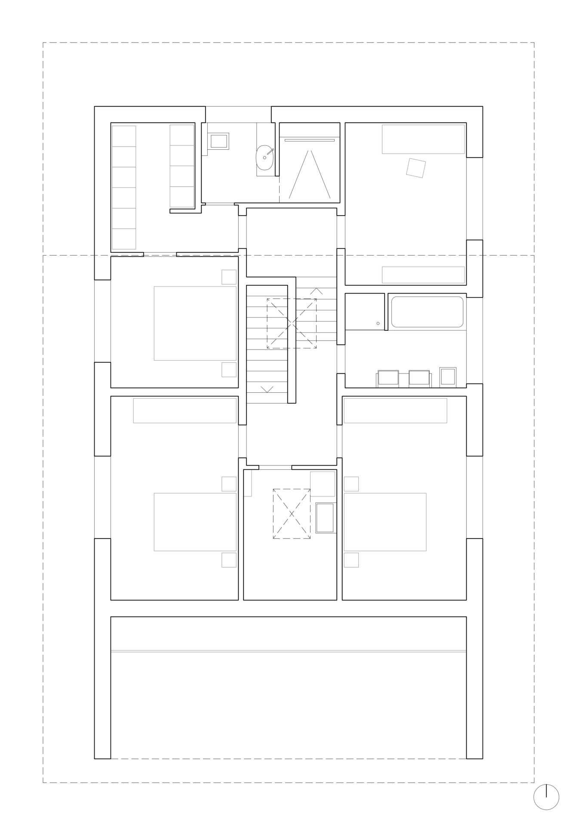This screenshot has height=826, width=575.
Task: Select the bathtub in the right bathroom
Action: (427, 312)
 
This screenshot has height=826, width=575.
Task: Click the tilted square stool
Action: (416, 168)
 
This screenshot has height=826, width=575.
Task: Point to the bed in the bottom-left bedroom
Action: (195, 522)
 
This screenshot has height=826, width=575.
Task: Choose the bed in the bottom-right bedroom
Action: (385, 522)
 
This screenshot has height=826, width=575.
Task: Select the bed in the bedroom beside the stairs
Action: (195, 323)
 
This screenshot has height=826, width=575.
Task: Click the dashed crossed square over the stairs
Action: (292, 323)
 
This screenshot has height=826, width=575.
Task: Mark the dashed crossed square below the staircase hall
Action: (292, 514)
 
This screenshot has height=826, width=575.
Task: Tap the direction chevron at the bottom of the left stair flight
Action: (267, 389)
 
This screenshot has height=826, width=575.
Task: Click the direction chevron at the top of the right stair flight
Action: (316, 291)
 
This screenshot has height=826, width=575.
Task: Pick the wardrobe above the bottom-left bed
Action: (184, 410)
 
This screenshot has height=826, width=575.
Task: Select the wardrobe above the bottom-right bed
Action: (395, 410)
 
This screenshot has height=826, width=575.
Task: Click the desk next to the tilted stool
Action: (423, 139)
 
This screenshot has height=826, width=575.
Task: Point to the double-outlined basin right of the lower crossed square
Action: (325, 518)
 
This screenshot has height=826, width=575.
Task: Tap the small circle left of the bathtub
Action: (378, 323)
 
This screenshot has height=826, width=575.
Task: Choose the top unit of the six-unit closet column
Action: (124, 136)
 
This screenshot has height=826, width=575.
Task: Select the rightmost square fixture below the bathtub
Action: (448, 376)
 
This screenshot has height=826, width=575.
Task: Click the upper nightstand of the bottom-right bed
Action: (351, 484)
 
